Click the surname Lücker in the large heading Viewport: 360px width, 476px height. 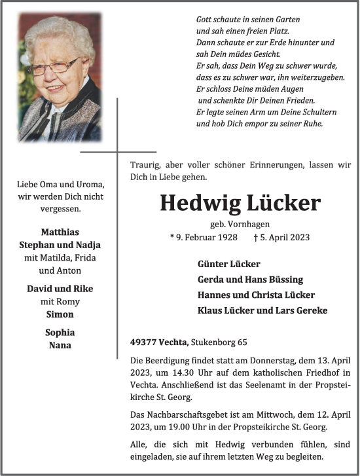pyautogui.click(x=283, y=204)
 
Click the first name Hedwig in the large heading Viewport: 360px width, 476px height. pyautogui.click(x=199, y=204)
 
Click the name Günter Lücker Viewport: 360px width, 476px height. pyautogui.click(x=228, y=264)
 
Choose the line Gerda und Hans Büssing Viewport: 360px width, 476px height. pyautogui.click(x=250, y=280)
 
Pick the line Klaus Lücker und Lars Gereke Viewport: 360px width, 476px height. pyautogui.click(x=262, y=310)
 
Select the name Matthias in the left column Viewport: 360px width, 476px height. pyautogui.click(x=60, y=232)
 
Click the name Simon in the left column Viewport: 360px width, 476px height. pyautogui.click(x=60, y=314)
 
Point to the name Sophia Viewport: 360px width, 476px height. pyautogui.click(x=60, y=333)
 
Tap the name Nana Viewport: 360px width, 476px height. pyautogui.click(x=60, y=345)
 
